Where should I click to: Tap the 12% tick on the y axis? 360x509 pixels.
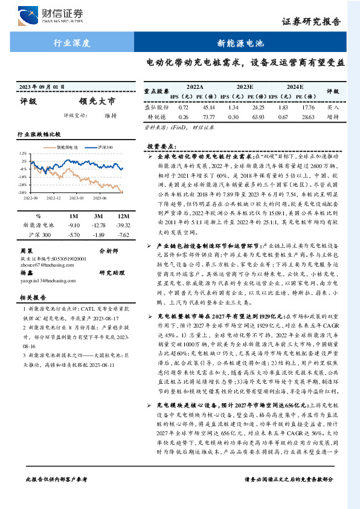[23, 154]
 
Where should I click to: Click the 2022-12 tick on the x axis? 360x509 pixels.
[54, 197]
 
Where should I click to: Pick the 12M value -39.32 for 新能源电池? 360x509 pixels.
[123, 225]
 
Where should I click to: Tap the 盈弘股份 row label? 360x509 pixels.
[156, 107]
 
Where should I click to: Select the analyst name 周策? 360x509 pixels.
[27, 250]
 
